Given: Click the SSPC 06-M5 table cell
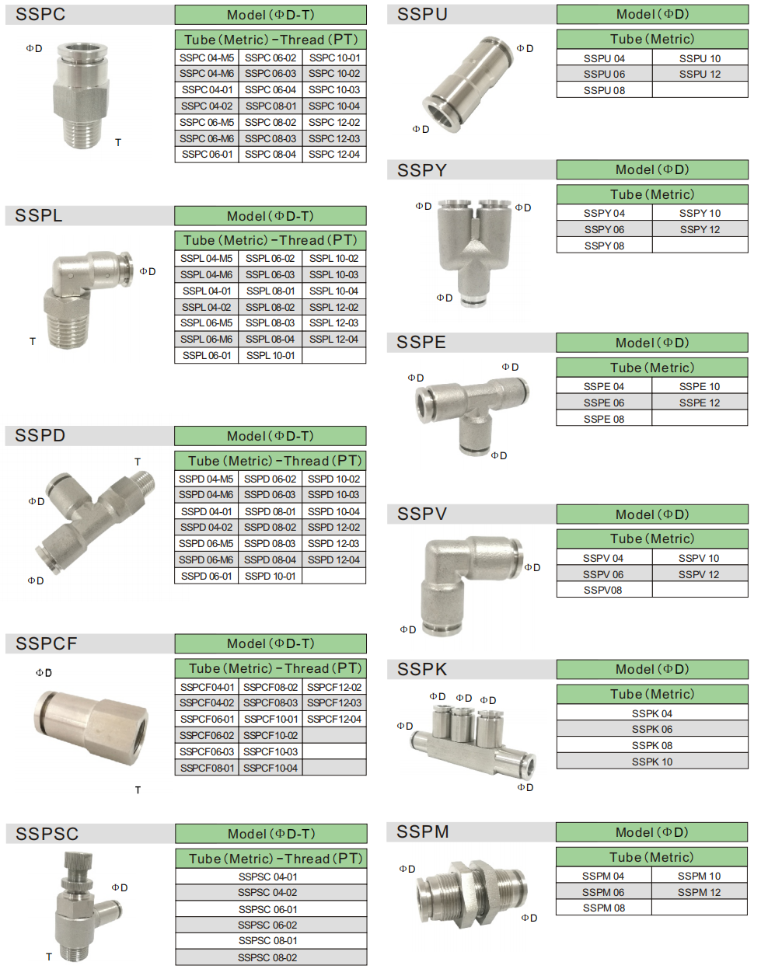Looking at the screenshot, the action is click(x=207, y=122).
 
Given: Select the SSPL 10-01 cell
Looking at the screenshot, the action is click(x=270, y=355).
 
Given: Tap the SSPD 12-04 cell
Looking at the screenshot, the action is click(x=333, y=559).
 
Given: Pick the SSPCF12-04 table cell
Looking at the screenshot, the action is click(x=334, y=719).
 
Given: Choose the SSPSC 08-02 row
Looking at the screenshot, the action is click(x=271, y=957).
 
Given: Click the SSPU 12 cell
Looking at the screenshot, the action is click(x=700, y=74).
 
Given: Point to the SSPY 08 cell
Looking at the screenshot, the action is click(x=604, y=246).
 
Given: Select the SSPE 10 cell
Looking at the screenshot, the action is click(x=700, y=386).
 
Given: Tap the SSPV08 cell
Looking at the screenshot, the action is click(x=604, y=590).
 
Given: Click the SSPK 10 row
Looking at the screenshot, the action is click(x=652, y=762).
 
